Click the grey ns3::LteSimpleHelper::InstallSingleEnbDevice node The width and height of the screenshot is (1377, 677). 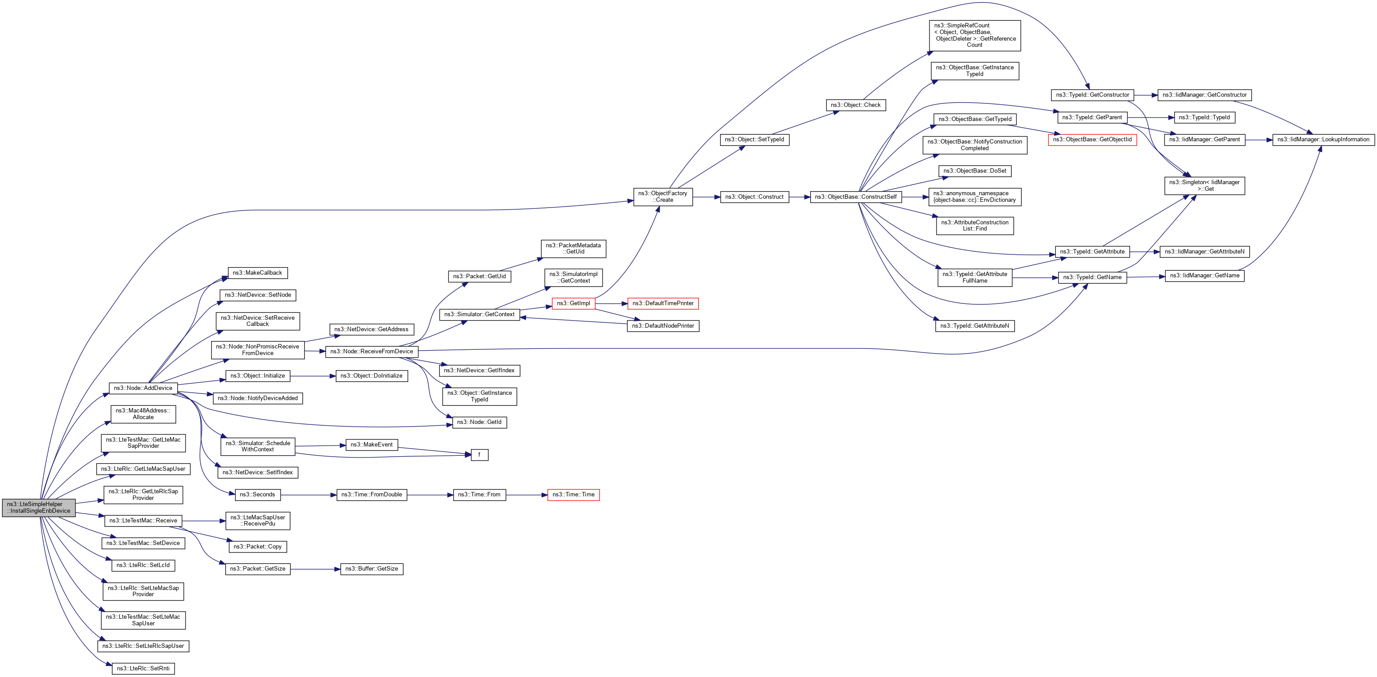[38, 507]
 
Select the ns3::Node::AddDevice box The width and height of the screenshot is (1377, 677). [143, 388]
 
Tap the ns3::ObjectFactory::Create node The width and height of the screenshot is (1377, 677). [663, 197]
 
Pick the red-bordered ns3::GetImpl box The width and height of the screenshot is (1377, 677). [573, 303]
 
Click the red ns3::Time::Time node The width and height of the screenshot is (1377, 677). [573, 495]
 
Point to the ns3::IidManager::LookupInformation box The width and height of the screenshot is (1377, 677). [1323, 140]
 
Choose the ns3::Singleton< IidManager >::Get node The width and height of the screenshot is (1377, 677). [1204, 185]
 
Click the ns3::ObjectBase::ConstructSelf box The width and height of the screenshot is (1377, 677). [855, 197]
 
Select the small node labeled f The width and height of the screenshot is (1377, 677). [479, 455]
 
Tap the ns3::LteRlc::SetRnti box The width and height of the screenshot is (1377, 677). [143, 669]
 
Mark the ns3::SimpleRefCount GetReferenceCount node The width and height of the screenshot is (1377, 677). [975, 35]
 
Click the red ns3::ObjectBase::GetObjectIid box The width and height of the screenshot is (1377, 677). [1092, 140]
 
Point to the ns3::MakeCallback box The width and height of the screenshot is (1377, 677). [257, 273]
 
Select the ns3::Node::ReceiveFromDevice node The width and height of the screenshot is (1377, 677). [372, 352]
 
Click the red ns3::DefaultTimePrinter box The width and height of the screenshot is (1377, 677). [663, 303]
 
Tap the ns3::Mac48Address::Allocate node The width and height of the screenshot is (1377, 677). [143, 414]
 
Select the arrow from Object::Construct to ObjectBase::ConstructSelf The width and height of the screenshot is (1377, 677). [799, 197]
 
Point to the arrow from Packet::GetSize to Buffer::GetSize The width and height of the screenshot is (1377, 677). [315, 569]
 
